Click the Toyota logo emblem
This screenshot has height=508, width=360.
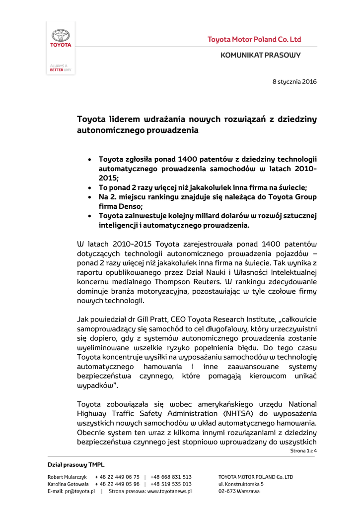(61, 36)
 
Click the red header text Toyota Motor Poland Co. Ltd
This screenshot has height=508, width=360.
(254, 39)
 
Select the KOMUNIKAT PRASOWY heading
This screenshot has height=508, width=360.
(260, 55)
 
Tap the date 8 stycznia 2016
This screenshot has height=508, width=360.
(294, 81)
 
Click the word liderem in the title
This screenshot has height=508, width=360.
(124, 120)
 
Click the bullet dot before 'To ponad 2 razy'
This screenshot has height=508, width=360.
(89, 188)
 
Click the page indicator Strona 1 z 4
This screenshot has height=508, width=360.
(303, 450)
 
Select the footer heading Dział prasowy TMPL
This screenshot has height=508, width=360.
(76, 465)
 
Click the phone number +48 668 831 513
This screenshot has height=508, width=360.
(171, 477)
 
